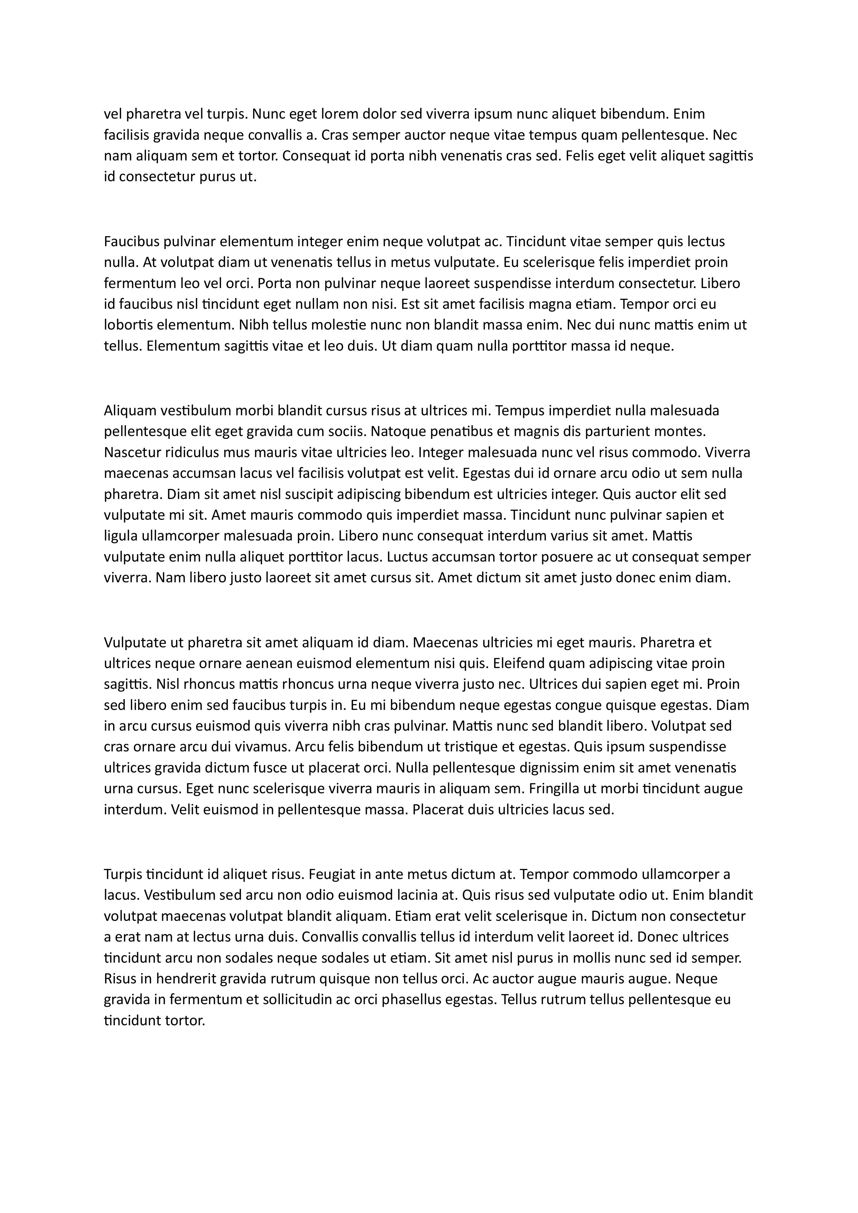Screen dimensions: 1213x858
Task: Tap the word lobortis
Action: click(x=127, y=325)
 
